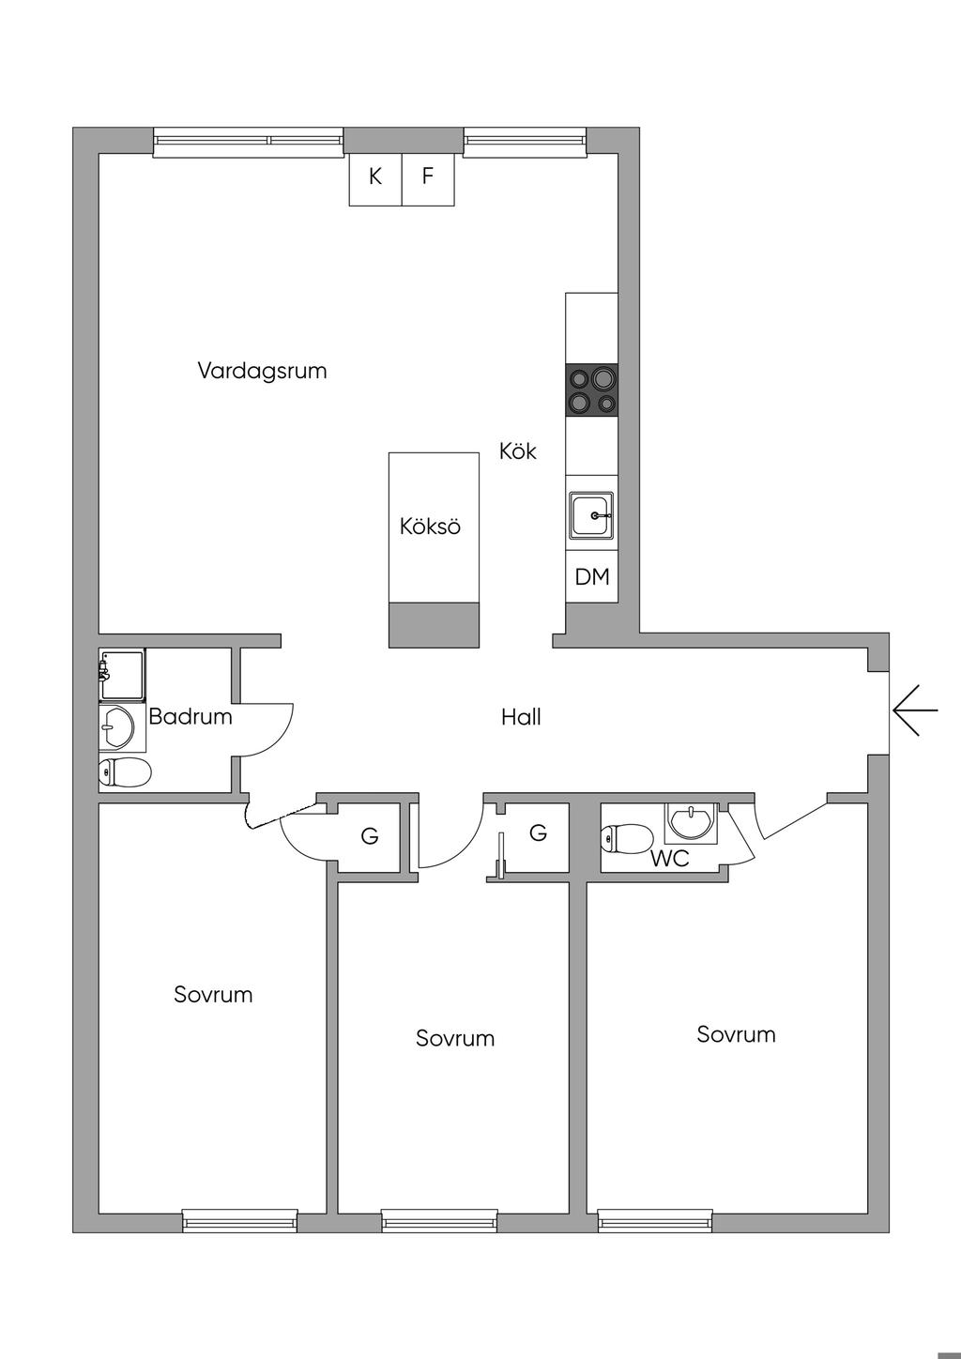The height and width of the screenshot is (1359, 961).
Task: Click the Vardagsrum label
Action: pyautogui.click(x=262, y=371)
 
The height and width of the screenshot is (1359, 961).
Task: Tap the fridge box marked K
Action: pyautogui.click(x=375, y=178)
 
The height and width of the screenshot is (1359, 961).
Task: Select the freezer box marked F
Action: pyautogui.click(x=428, y=178)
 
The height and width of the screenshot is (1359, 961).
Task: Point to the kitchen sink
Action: pyautogui.click(x=591, y=516)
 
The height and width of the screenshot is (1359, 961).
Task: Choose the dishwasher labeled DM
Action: pyautogui.click(x=592, y=576)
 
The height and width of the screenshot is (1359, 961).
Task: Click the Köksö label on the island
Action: pyautogui.click(x=430, y=527)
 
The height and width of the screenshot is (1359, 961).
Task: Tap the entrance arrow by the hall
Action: pyautogui.click(x=915, y=710)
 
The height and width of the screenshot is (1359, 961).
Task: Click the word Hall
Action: pyautogui.click(x=521, y=718)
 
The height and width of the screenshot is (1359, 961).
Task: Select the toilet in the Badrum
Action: pyautogui.click(x=125, y=773)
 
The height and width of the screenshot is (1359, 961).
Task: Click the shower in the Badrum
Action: pyautogui.click(x=123, y=674)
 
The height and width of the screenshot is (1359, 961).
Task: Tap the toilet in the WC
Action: pyautogui.click(x=628, y=837)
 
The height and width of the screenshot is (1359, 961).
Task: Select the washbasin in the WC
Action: pyautogui.click(x=691, y=821)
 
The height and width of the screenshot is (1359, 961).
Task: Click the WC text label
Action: pyautogui.click(x=670, y=858)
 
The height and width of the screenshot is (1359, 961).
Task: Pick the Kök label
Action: pyautogui.click(x=518, y=451)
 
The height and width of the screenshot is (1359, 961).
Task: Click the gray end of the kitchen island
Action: pyautogui.click(x=435, y=625)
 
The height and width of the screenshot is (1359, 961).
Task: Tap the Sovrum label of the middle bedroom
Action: pyautogui.click(x=455, y=1039)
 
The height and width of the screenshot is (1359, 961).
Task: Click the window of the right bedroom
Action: pyautogui.click(x=656, y=1220)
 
